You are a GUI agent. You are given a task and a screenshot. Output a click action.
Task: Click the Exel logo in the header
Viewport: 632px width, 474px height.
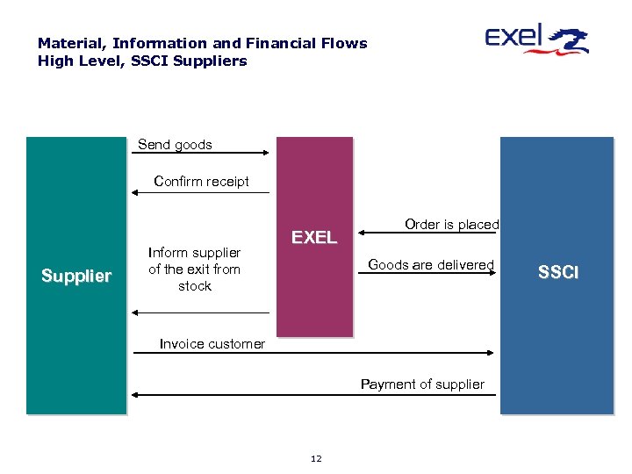click(535, 39)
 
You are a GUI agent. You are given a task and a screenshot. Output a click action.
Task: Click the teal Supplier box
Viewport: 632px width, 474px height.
click(76, 276)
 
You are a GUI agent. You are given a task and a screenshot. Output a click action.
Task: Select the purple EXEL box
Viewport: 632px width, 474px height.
click(313, 237)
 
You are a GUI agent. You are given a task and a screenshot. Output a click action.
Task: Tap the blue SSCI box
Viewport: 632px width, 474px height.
click(557, 273)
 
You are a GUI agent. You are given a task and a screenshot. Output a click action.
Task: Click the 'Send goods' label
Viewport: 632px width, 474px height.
click(175, 145)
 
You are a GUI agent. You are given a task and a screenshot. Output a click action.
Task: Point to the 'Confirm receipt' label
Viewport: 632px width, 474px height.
click(201, 182)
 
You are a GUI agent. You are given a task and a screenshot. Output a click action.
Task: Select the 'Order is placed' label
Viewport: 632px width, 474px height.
click(451, 225)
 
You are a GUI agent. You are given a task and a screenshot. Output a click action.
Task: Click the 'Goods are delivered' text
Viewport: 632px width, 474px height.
click(431, 264)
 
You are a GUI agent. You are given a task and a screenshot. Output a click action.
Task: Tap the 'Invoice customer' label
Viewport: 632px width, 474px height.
click(212, 344)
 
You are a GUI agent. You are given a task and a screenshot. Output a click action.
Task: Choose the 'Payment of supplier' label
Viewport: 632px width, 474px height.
click(422, 384)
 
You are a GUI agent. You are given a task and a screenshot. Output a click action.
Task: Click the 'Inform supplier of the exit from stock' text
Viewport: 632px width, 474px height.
click(194, 269)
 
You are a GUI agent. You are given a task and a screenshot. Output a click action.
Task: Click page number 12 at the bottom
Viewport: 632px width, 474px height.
click(316, 458)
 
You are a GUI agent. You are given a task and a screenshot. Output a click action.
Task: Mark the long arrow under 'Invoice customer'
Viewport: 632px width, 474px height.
click(313, 353)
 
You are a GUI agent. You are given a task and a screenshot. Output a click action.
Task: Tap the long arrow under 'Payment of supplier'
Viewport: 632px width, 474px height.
click(313, 395)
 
